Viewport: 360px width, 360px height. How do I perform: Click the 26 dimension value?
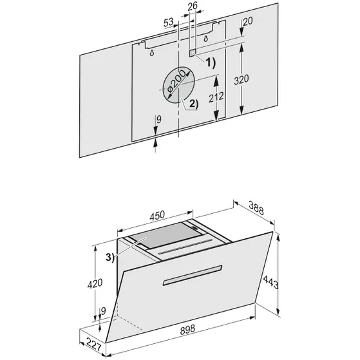191,6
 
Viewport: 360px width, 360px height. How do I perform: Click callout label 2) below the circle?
192,104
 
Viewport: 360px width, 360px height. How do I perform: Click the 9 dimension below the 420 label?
104,313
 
